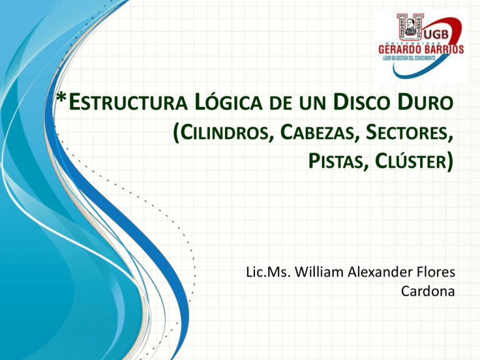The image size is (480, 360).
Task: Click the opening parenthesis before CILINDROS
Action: [x=174, y=132]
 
